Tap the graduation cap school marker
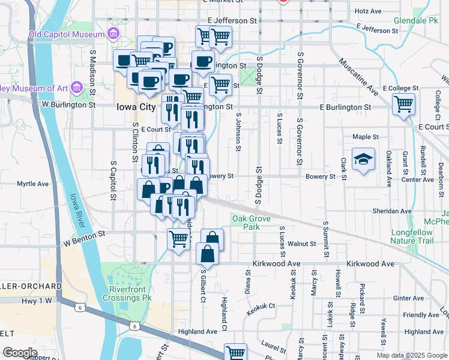point(363,160)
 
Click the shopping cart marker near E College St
point(404,104)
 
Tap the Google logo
point(20,352)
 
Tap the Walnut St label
point(301,244)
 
